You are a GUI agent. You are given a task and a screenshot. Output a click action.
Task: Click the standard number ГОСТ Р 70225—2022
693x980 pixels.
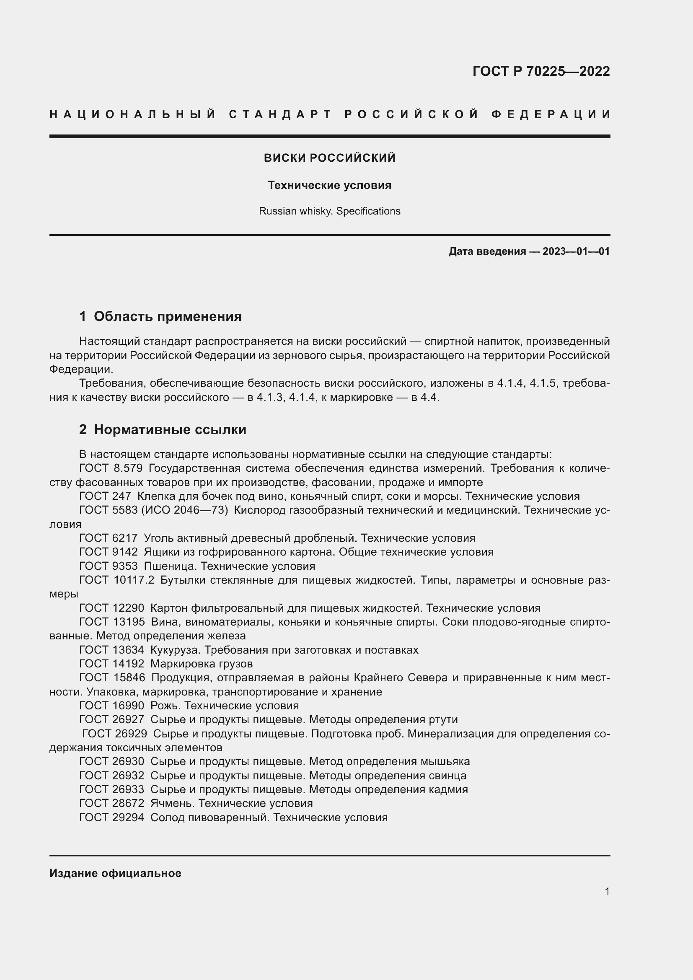540,71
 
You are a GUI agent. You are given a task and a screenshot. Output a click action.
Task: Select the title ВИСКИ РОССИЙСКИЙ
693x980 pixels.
329,158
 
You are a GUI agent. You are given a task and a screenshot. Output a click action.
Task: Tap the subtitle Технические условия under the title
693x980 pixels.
329,185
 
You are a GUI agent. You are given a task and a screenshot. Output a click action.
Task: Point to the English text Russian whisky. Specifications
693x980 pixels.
329,211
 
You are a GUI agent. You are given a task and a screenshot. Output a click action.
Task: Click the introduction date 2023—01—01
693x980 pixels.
576,251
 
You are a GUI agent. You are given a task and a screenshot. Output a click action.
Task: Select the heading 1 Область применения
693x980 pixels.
160,316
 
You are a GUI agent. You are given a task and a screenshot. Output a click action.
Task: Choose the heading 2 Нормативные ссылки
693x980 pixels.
163,429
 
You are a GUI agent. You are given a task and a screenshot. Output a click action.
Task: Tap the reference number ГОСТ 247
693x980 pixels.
106,496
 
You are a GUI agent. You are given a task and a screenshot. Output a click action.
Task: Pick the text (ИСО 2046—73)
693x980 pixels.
184,510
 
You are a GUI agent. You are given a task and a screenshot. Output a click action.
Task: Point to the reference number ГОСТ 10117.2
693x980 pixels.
116,580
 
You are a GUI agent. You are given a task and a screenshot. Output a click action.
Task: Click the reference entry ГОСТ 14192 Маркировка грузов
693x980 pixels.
165,664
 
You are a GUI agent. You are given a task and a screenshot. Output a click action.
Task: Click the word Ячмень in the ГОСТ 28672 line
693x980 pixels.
172,803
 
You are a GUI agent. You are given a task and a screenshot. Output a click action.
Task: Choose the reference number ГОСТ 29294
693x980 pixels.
111,817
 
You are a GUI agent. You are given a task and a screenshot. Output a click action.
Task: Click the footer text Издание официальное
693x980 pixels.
115,873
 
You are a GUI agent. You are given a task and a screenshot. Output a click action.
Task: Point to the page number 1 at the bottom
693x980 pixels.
607,892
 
